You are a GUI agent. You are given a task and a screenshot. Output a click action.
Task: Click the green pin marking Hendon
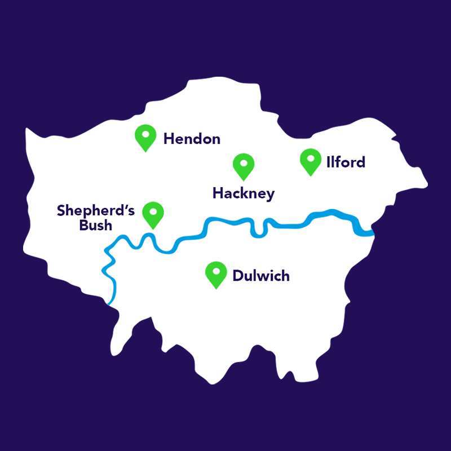[x=145, y=138]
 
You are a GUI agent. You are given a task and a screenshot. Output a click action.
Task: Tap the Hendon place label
[x=192, y=139]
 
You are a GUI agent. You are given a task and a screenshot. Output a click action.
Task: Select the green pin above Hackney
[x=244, y=165]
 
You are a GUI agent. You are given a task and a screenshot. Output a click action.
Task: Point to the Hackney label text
[x=244, y=194]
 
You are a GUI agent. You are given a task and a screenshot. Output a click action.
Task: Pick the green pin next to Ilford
[x=309, y=161]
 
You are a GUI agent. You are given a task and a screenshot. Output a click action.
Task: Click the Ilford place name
[x=346, y=162]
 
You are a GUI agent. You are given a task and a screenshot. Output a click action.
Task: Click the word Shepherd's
[x=96, y=211]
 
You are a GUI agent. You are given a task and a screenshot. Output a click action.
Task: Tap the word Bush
[x=96, y=225]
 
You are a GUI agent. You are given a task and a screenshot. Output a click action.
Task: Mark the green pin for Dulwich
[x=216, y=274]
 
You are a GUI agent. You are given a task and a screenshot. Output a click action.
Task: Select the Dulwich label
[x=261, y=276]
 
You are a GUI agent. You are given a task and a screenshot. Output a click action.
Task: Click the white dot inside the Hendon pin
[x=145, y=135]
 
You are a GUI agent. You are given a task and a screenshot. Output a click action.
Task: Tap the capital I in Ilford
[x=328, y=162]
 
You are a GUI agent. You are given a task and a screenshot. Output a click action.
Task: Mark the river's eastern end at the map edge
[x=372, y=233]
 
